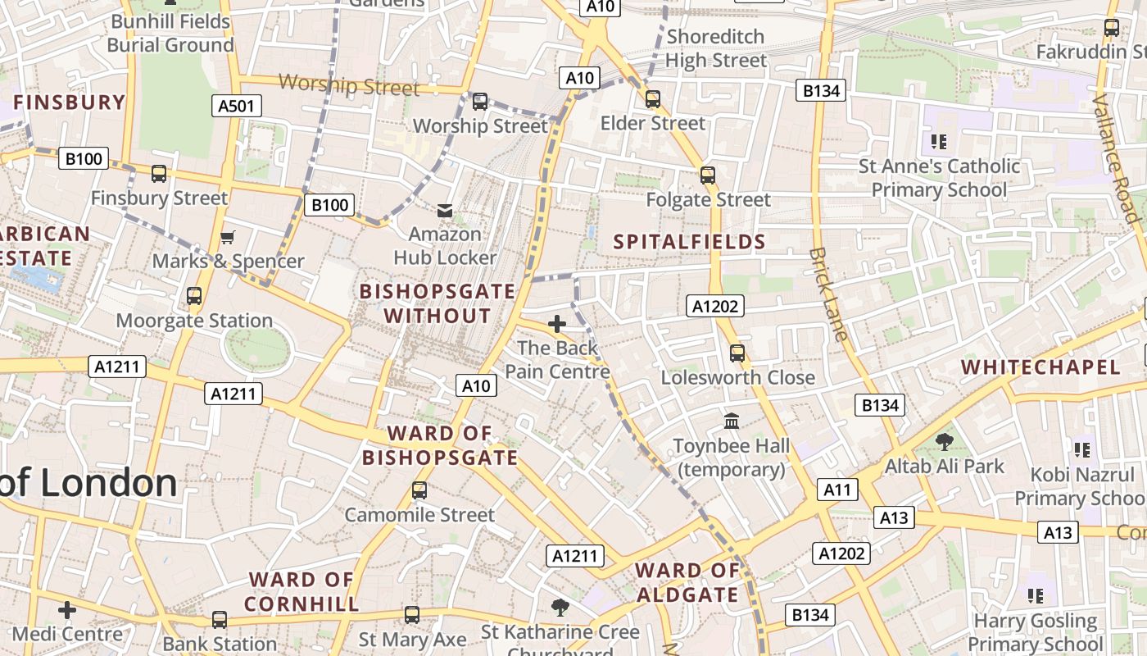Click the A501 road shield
pyautogui.click(x=236, y=106)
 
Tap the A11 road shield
pyautogui.click(x=837, y=490)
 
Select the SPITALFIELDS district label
pyautogui.click(x=689, y=242)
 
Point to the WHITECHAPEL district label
pyautogui.click(x=1040, y=367)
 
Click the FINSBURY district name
pyautogui.click(x=69, y=102)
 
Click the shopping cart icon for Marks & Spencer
pyautogui.click(x=228, y=238)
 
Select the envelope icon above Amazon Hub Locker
pyautogui.click(x=445, y=212)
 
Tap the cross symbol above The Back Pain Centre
pyautogui.click(x=557, y=324)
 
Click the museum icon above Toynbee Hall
pyautogui.click(x=732, y=421)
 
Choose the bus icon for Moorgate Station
pyautogui.click(x=194, y=296)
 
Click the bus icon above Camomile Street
pyautogui.click(x=419, y=490)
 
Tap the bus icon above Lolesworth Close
pyautogui.click(x=737, y=353)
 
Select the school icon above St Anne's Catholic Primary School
pyautogui.click(x=939, y=142)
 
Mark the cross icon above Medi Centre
pyautogui.click(x=67, y=610)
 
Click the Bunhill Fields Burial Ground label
pyautogui.click(x=170, y=33)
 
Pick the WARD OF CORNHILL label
pyautogui.click(x=301, y=591)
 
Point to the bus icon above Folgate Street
pyautogui.click(x=708, y=175)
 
